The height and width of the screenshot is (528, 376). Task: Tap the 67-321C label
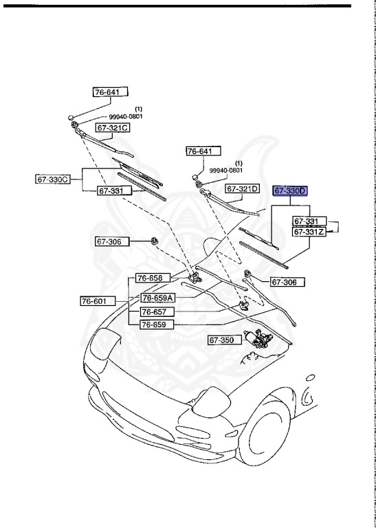pos(113,128)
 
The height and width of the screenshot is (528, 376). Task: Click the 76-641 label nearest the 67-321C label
pos(111,91)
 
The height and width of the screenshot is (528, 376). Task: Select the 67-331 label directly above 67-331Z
pos(307,221)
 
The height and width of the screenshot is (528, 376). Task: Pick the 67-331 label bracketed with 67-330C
pos(111,191)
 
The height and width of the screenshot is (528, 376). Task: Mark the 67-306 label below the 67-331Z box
pos(287,282)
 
